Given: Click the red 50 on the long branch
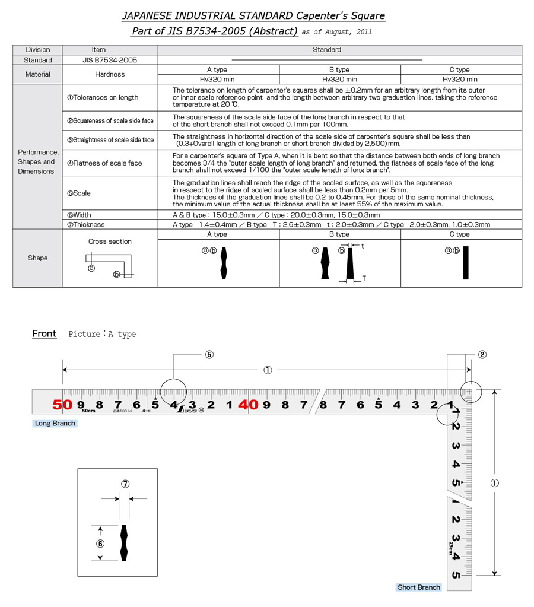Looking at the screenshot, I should click(62, 405).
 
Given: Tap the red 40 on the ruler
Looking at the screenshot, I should click(247, 405).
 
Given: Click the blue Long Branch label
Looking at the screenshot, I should click(55, 423).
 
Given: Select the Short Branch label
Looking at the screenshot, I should click(419, 587).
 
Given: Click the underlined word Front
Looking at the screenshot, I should click(44, 333).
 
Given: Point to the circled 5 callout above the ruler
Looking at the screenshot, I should click(209, 355).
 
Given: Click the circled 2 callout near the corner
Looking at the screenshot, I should click(482, 355).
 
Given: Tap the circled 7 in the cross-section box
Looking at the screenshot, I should click(125, 484).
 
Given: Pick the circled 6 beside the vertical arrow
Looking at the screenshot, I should click(100, 543).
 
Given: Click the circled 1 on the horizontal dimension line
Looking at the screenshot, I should click(268, 370).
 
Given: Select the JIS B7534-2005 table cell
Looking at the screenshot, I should click(110, 60).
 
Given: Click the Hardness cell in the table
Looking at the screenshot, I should click(110, 74).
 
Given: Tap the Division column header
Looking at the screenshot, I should click(37, 50).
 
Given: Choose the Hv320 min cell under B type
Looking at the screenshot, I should click(339, 79).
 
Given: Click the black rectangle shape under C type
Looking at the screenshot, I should click(466, 262).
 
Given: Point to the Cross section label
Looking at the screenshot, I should click(110, 241).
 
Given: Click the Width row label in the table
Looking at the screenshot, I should click(79, 215).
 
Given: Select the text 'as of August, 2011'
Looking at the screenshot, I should click(336, 32).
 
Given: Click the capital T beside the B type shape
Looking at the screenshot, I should click(364, 278).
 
